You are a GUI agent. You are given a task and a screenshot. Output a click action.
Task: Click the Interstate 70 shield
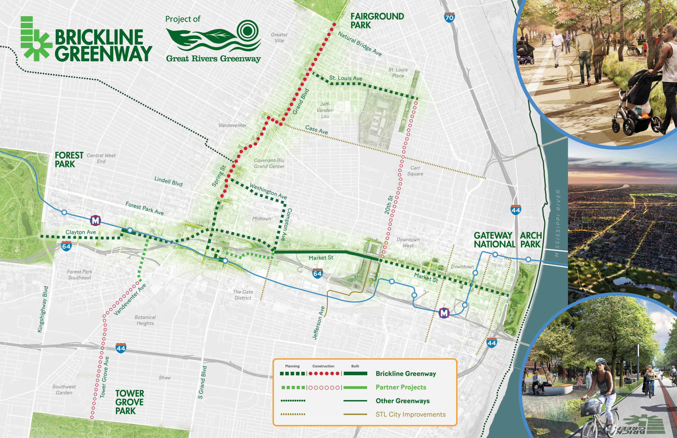coord(449,18)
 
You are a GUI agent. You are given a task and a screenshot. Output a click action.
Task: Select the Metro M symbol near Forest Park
coord(95,220)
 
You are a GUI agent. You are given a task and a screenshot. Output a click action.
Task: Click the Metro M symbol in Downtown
coord(444,313)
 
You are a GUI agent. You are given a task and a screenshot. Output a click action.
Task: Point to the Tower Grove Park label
coord(129,402)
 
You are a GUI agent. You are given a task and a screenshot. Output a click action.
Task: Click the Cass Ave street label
coord(316,130)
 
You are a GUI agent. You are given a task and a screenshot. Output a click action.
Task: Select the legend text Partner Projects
coord(401,387)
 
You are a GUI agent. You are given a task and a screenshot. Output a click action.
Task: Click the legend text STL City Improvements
coord(410,414)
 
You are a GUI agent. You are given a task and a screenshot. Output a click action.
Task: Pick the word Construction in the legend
coord(323,366)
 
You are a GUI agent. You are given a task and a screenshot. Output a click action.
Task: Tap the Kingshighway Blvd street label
coord(43,309)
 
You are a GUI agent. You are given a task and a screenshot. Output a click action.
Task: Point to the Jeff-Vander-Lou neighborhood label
coord(325,110)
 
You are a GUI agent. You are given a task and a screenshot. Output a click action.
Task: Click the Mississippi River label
coord(558,223)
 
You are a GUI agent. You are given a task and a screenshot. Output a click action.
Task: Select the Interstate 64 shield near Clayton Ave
coord(66,246)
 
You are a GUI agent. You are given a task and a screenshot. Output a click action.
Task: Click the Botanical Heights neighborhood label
coord(145,320)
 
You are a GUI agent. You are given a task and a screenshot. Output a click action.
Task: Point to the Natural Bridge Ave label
coord(359,44)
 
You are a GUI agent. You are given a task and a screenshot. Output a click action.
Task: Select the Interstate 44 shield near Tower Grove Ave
coord(121,348)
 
